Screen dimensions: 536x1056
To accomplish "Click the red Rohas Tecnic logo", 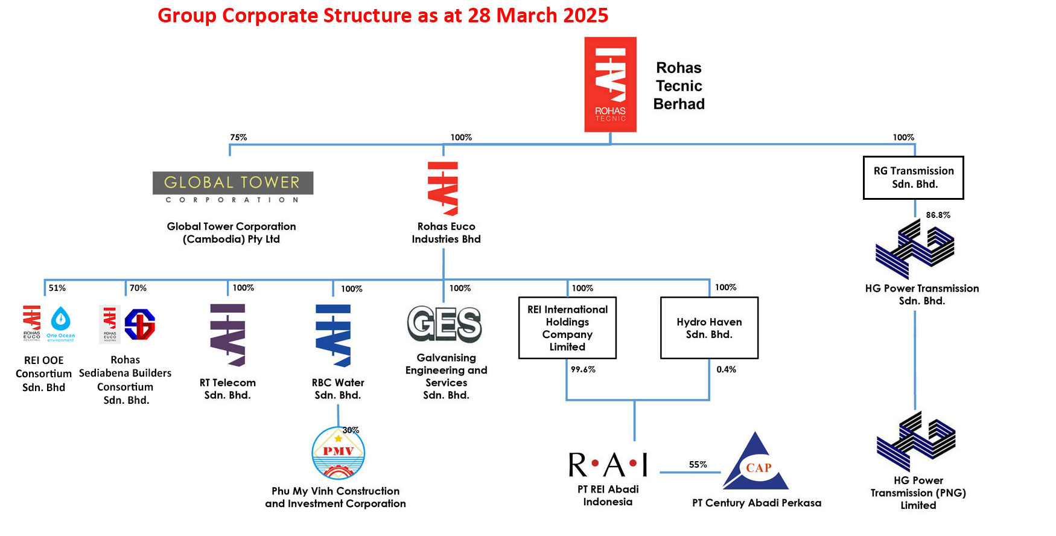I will tap(610, 85).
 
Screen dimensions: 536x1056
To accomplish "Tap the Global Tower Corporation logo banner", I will tap(233, 188).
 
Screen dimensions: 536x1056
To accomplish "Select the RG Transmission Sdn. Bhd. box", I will tap(913, 177).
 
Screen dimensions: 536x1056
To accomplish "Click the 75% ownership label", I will tap(238, 138).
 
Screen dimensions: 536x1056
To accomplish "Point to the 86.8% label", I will tap(938, 215).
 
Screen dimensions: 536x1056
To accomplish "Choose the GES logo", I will tap(445, 324).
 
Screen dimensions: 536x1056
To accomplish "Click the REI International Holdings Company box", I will tap(567, 328).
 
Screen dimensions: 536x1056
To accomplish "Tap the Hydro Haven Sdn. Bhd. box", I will tap(709, 328).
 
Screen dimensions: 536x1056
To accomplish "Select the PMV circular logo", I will tap(338, 453).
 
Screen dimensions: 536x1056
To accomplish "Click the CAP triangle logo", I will tap(756, 464).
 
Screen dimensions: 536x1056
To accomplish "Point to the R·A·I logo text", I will tap(608, 465).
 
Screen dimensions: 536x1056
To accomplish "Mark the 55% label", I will tap(698, 465).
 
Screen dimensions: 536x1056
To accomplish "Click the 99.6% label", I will tap(583, 369).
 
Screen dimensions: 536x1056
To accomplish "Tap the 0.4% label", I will tap(726, 369).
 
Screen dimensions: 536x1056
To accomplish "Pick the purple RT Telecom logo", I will tap(227, 335).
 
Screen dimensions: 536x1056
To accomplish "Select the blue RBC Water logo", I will tap(333, 336).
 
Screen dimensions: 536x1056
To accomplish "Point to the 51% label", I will tap(57, 288).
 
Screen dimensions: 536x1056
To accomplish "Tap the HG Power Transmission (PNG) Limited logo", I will tap(916, 442).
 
